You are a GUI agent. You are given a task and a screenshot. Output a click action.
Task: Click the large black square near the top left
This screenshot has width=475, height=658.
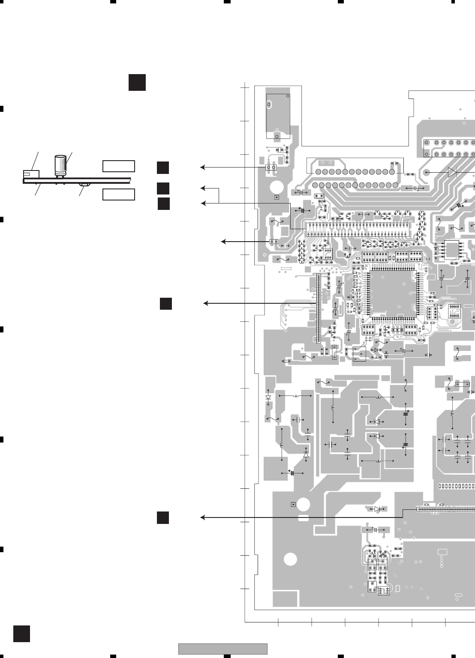137,82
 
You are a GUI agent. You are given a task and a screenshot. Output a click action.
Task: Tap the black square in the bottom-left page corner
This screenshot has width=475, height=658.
21,634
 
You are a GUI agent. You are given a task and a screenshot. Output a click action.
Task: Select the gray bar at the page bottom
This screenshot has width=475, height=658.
222,649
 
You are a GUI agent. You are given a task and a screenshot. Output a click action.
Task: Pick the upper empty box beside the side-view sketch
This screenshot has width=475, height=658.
119,166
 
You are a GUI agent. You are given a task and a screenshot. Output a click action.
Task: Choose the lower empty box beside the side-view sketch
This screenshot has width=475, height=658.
119,194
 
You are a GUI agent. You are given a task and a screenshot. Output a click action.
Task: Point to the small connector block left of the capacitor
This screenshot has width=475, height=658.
31,174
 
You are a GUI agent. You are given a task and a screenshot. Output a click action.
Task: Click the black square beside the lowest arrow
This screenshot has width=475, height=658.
162,517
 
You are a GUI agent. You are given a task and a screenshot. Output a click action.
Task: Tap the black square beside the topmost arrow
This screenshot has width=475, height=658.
162,168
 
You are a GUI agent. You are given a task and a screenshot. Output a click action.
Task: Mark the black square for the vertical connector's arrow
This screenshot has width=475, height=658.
166,303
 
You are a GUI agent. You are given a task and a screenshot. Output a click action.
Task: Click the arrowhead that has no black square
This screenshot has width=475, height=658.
223,242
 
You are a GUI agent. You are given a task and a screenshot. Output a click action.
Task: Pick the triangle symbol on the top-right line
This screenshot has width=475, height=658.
452,172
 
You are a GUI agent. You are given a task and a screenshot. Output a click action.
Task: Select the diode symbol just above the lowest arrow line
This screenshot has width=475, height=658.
377,509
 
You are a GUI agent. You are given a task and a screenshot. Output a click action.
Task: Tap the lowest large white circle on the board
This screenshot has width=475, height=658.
290,559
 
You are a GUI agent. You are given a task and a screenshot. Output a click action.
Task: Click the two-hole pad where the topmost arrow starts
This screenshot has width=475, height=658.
271,167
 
